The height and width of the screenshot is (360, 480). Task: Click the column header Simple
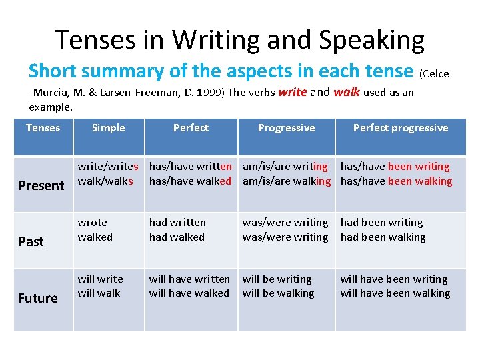point(108,128)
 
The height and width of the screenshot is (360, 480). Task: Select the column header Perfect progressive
point(400,128)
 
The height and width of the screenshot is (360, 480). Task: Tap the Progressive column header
point(286,128)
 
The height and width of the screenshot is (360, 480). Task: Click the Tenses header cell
point(43,128)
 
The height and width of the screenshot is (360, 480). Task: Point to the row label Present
point(41,185)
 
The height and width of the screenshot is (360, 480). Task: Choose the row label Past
point(31,241)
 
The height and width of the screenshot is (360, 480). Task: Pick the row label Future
point(37,298)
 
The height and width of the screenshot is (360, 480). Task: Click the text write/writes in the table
point(108,167)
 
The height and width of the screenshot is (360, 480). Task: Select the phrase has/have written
point(190,167)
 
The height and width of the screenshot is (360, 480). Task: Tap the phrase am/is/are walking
point(286,181)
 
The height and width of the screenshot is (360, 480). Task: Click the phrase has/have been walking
point(396,181)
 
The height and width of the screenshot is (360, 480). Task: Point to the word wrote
point(92,223)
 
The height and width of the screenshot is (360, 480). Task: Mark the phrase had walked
point(177,237)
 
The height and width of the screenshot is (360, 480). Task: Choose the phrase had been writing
point(381,223)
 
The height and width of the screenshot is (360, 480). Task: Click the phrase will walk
point(99,293)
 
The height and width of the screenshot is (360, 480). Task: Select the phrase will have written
point(189,279)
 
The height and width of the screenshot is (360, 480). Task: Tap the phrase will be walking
point(278,293)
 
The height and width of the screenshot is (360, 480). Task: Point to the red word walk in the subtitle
point(346,92)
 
